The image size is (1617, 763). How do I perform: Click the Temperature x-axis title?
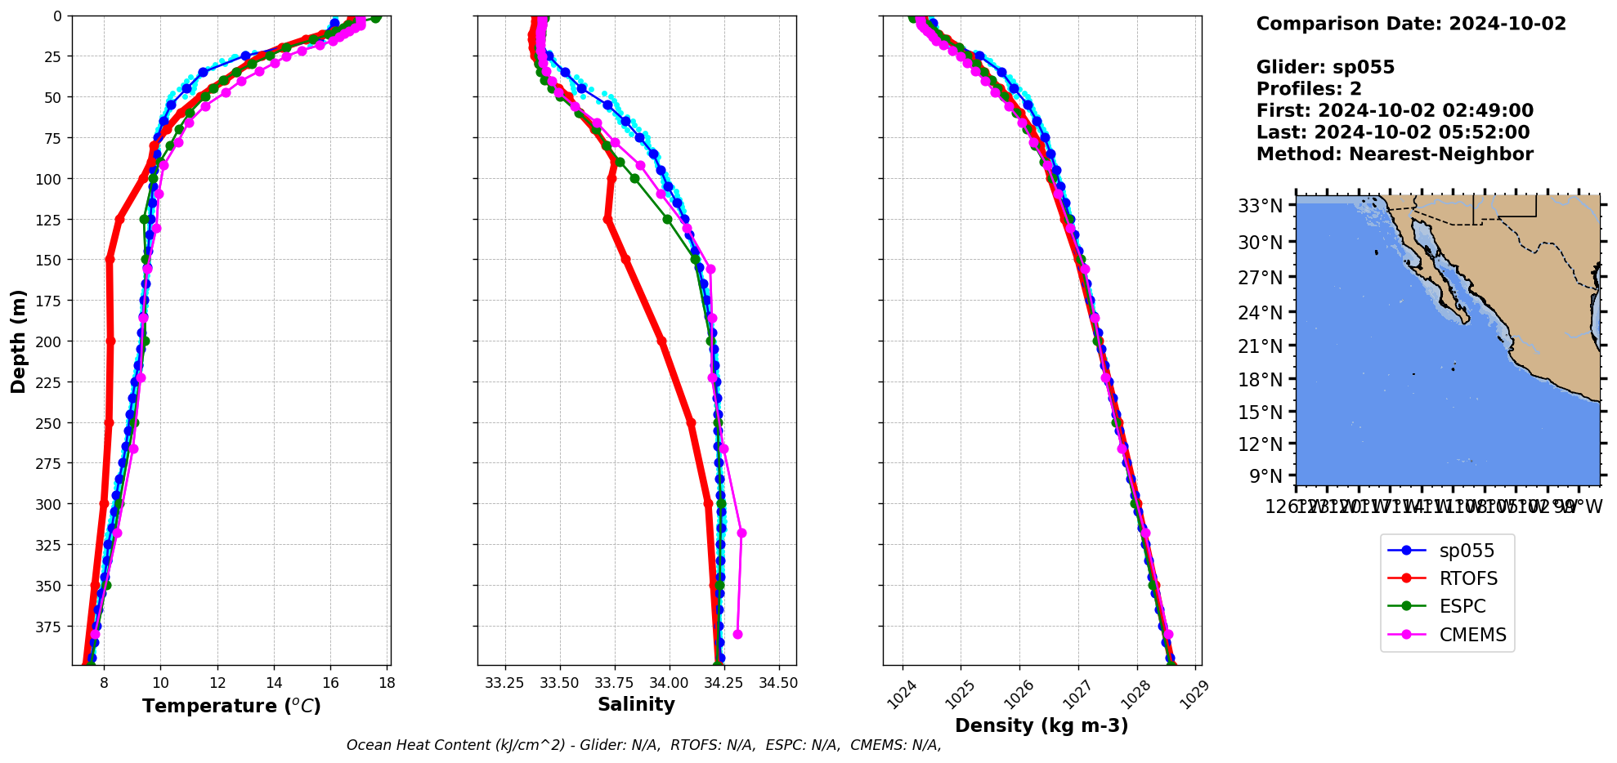[231, 706]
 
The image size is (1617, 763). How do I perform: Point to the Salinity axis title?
[636, 705]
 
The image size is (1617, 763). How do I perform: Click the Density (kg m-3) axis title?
[1041, 725]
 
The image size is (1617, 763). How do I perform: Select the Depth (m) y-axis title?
[18, 341]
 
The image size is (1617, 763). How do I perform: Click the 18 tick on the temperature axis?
[387, 683]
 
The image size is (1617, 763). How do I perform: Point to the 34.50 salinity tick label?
[777, 683]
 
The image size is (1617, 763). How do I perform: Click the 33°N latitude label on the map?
[1260, 206]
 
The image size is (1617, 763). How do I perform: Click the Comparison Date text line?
[1411, 24]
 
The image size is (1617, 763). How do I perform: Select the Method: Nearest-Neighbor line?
[1395, 154]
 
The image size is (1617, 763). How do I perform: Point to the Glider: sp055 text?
[1325, 67]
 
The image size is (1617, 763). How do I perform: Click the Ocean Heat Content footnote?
[643, 745]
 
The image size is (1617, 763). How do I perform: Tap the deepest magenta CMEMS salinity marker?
[737, 635]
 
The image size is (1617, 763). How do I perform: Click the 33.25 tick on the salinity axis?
[504, 683]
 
